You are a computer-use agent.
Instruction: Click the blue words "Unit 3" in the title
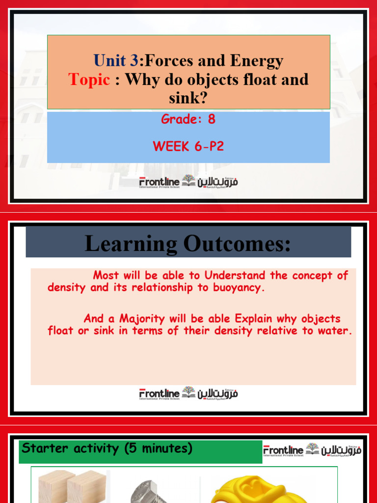116,61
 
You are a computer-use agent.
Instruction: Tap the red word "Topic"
89,80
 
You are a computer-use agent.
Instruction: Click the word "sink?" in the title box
188,97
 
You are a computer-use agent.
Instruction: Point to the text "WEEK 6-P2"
188,146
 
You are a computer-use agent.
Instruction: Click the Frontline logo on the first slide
188,182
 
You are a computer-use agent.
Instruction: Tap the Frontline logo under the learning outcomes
188,393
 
